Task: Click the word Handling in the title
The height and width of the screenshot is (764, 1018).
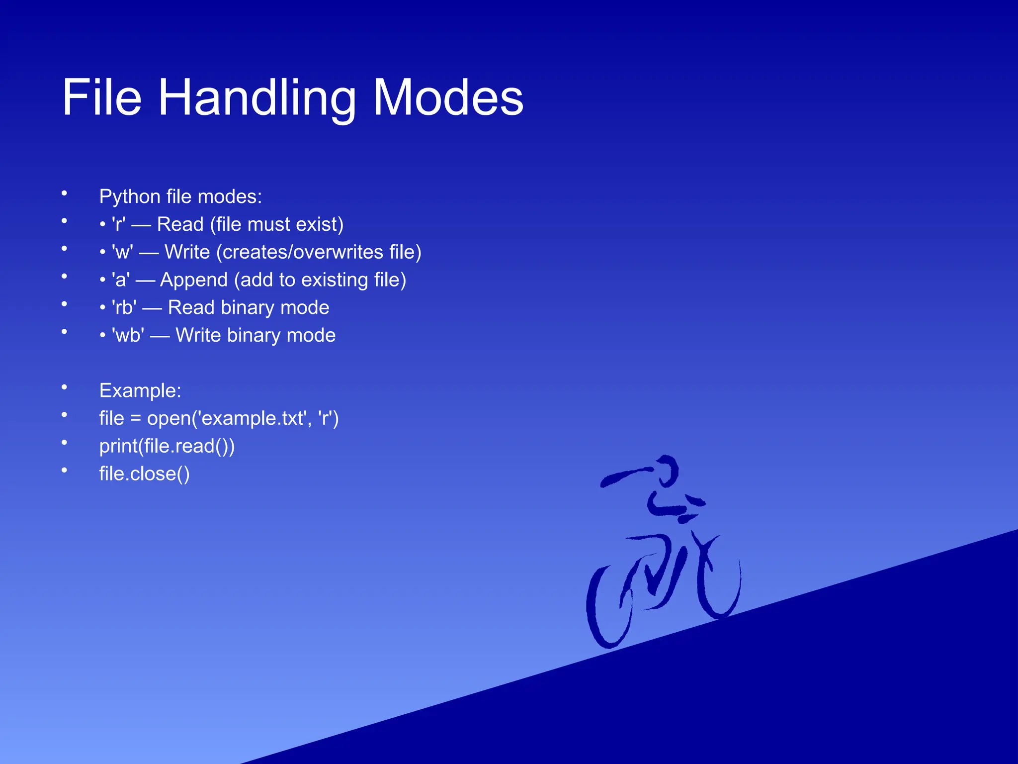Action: (x=257, y=98)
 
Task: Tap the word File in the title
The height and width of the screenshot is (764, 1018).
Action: (x=102, y=98)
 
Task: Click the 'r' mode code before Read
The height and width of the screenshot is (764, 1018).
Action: (x=119, y=225)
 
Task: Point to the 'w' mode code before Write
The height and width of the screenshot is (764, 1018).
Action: (x=122, y=253)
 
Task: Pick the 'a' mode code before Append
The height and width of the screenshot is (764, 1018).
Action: (x=121, y=280)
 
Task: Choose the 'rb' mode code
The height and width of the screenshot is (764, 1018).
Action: (x=124, y=308)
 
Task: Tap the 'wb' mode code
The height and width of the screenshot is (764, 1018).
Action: (x=128, y=336)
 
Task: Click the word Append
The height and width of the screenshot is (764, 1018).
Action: (x=194, y=280)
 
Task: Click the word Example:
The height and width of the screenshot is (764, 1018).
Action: (x=140, y=391)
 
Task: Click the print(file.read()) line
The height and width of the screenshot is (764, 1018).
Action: (x=167, y=446)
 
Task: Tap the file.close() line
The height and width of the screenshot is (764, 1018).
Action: (x=144, y=474)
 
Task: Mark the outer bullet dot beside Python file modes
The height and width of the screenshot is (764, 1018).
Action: (x=64, y=193)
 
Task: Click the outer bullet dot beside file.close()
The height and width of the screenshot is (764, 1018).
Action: (x=64, y=470)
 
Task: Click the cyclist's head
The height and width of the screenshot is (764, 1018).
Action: (x=666, y=470)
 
